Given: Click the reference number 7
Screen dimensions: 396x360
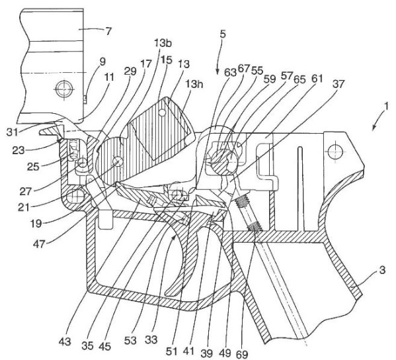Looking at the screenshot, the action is pyautogui.click(x=108, y=32).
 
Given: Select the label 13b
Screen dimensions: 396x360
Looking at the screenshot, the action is pyautogui.click(x=163, y=43).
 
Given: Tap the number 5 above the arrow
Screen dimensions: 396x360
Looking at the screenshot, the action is pyautogui.click(x=223, y=34).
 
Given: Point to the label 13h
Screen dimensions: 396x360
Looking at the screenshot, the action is pyautogui.click(x=194, y=84).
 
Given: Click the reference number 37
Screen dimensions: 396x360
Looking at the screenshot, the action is pyautogui.click(x=338, y=83).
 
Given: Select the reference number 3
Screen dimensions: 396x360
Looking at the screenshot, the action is pyautogui.click(x=382, y=270).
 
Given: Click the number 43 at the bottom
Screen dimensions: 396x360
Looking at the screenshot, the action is pyautogui.click(x=65, y=341).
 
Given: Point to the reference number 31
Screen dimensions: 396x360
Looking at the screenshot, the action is pyautogui.click(x=13, y=132).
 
